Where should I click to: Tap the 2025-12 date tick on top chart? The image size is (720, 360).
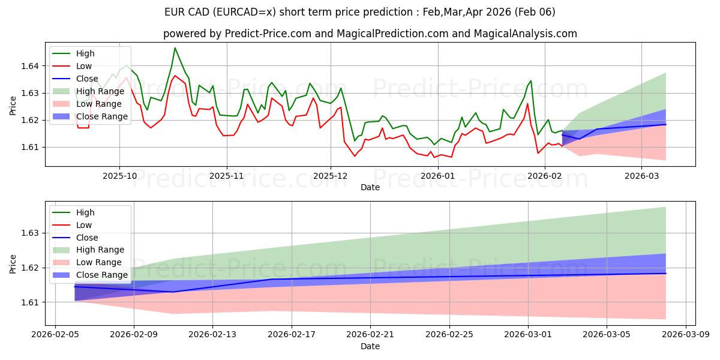(x=330, y=176)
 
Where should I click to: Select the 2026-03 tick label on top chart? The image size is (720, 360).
(x=641, y=176)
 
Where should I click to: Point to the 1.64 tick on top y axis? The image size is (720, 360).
(x=31, y=66)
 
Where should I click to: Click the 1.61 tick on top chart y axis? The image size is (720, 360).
(x=31, y=147)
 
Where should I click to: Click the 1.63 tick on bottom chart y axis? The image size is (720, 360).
(x=31, y=233)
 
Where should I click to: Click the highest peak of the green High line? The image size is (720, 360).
(x=175, y=48)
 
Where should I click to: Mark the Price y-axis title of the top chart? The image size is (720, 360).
(x=13, y=106)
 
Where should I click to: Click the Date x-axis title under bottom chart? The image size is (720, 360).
(x=370, y=347)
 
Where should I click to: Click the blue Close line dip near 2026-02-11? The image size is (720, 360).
(x=173, y=292)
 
